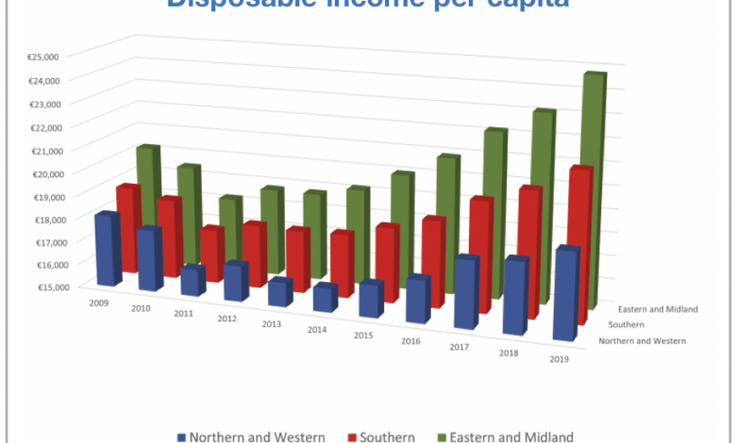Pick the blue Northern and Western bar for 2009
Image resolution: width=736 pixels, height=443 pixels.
click(107, 249)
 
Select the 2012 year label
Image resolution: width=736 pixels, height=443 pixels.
click(226, 319)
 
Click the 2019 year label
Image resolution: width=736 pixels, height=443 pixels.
click(558, 359)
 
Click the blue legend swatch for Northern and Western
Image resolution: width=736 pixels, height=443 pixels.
click(179, 437)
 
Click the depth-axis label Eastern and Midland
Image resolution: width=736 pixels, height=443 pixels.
click(658, 309)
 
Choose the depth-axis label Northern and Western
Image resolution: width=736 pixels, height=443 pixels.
click(642, 340)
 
